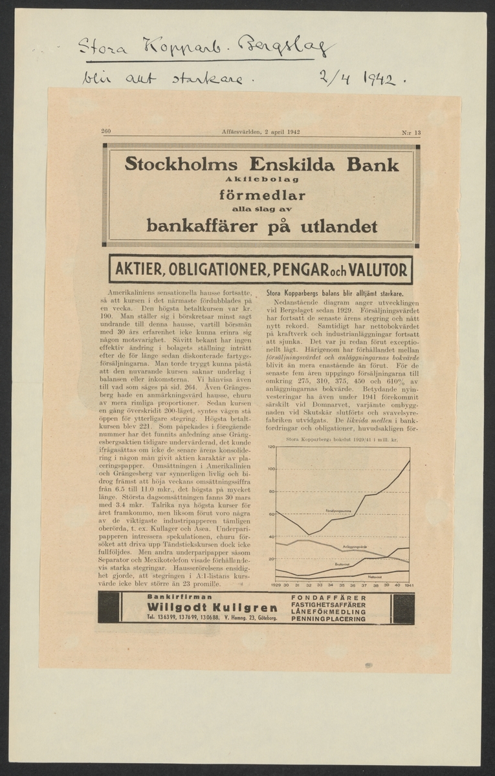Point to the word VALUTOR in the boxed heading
point(377,269)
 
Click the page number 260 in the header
point(107,133)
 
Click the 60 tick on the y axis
point(272,513)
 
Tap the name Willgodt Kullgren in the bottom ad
point(211,607)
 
